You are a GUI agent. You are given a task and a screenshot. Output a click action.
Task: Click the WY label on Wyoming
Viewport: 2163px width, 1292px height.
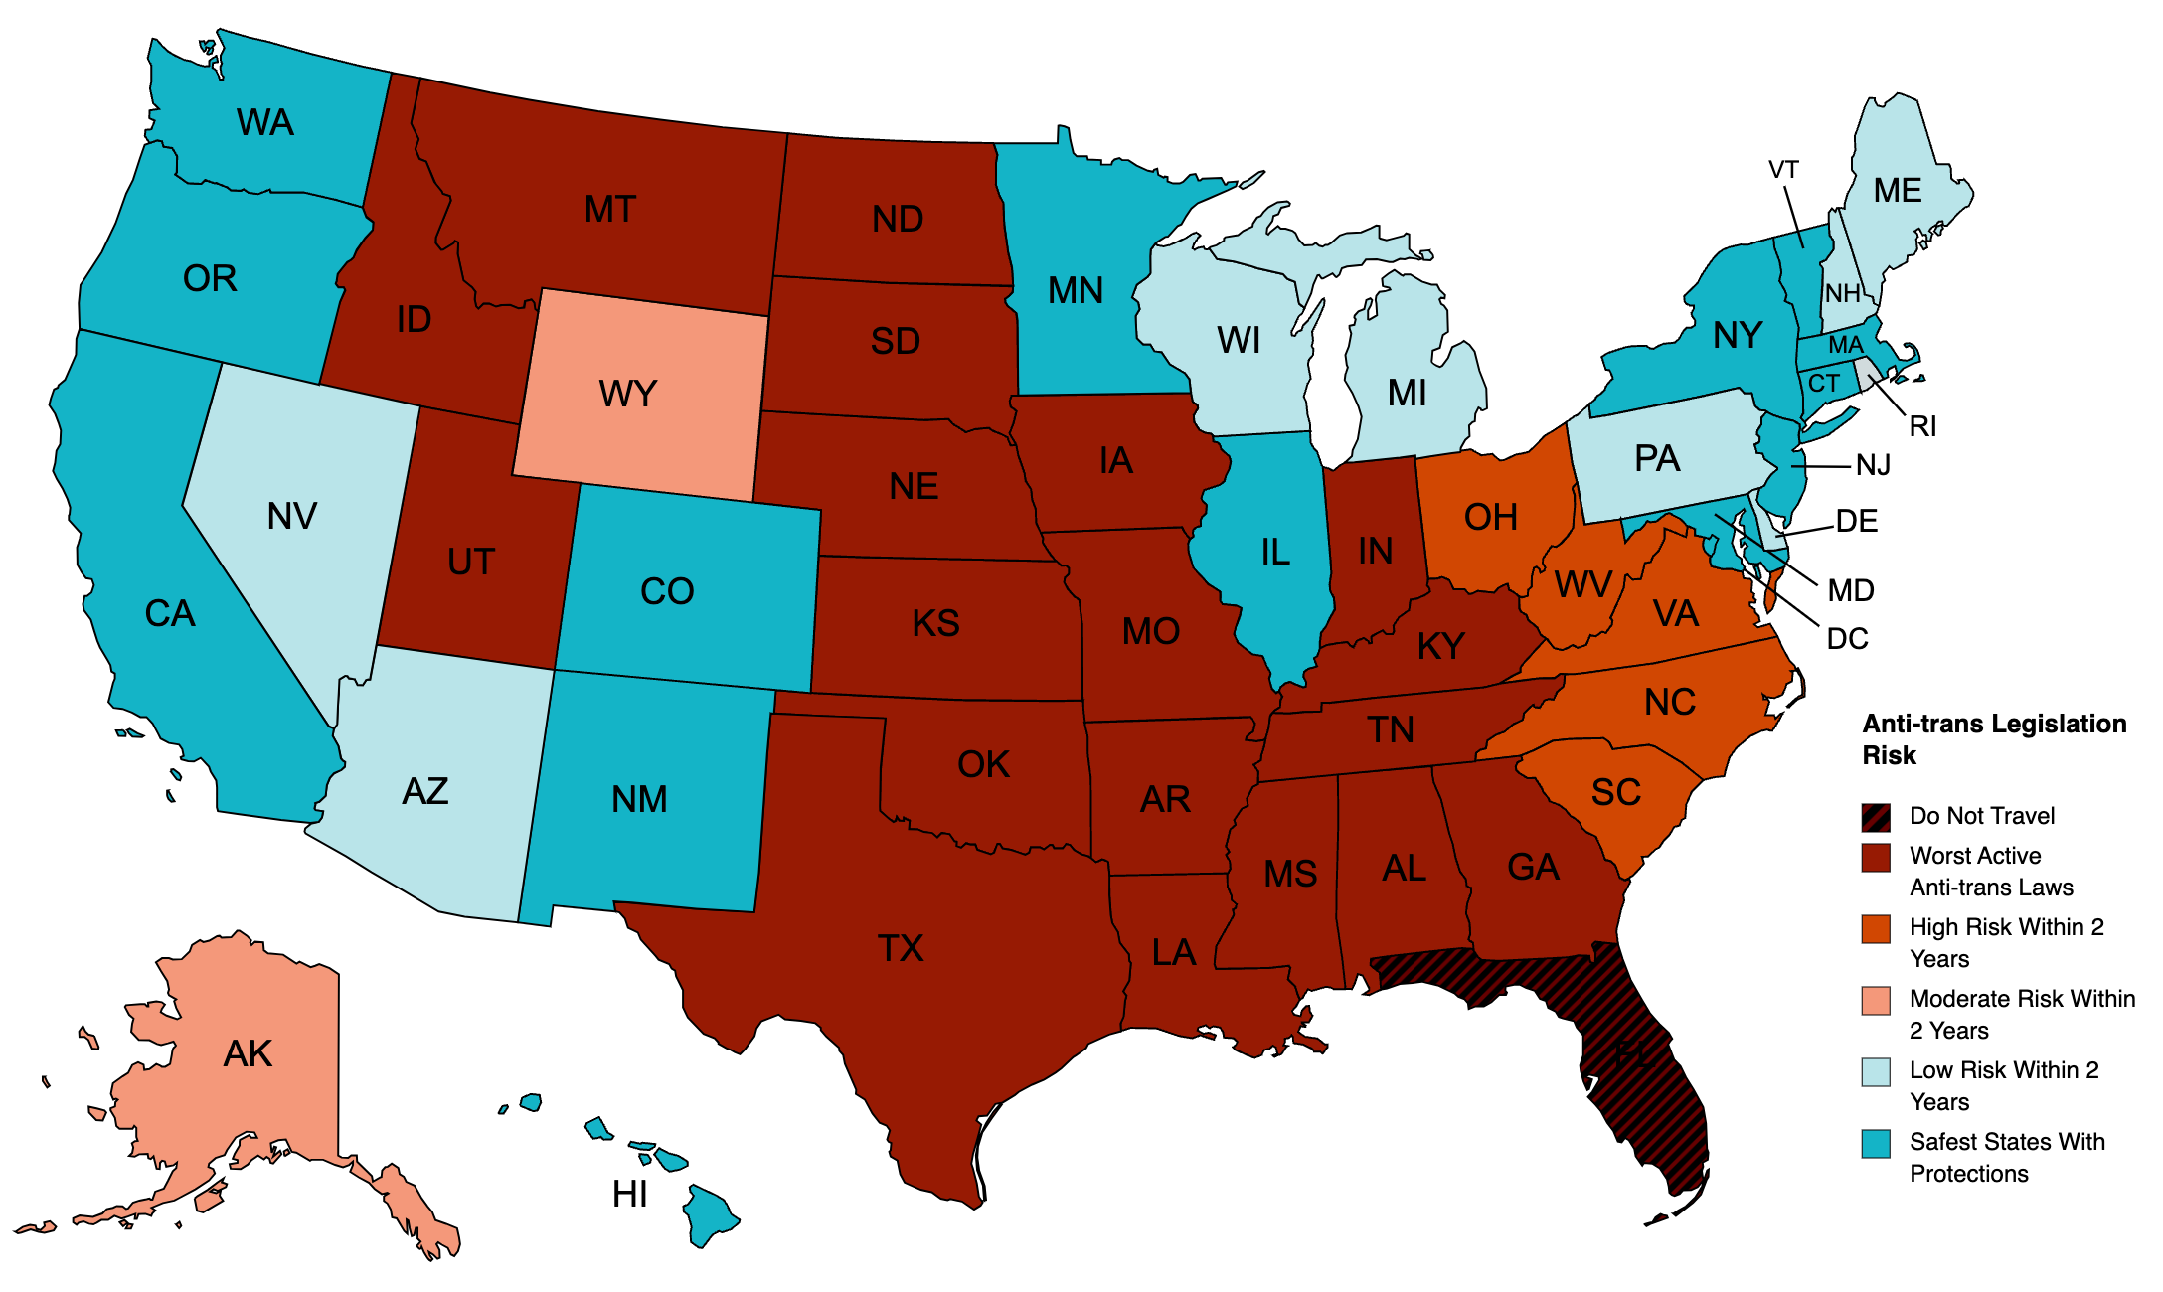point(627,394)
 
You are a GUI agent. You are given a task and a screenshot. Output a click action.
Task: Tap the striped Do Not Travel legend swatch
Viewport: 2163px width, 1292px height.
point(1875,817)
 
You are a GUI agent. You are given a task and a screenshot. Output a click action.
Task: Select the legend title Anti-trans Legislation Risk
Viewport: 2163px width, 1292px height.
point(1993,738)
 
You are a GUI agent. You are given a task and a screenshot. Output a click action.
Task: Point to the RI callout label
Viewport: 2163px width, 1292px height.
point(1922,426)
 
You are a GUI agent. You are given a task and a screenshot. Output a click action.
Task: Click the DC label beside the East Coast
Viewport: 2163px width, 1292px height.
point(1847,638)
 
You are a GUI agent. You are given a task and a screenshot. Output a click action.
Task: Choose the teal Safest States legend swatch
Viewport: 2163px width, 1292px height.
point(1875,1144)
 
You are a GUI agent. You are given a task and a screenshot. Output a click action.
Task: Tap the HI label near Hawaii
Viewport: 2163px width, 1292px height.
point(629,1194)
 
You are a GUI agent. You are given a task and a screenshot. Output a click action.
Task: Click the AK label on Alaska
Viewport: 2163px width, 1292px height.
point(248,1053)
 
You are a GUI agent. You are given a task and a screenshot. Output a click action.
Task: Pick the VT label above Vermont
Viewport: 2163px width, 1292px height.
point(1783,170)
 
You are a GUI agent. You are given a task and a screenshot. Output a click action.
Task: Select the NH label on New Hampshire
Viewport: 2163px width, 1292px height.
point(1842,293)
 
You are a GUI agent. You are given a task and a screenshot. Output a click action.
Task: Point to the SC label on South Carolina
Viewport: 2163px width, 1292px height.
point(1615,792)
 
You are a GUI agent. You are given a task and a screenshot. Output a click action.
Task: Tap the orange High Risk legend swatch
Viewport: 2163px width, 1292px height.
point(1875,929)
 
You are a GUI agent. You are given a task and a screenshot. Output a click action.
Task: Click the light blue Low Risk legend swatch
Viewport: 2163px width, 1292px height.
point(1875,1072)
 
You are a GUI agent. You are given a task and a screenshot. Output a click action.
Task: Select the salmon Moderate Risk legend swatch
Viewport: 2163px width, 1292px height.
point(1875,1001)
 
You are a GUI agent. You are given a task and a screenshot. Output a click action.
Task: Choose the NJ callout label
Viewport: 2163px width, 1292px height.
point(1873,465)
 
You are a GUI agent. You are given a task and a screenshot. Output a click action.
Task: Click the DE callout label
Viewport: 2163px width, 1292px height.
point(1856,521)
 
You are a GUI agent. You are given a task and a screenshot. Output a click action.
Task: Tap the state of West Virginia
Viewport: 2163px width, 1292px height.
point(1581,586)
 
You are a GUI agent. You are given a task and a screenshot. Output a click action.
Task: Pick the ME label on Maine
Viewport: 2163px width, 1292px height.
point(1897,190)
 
